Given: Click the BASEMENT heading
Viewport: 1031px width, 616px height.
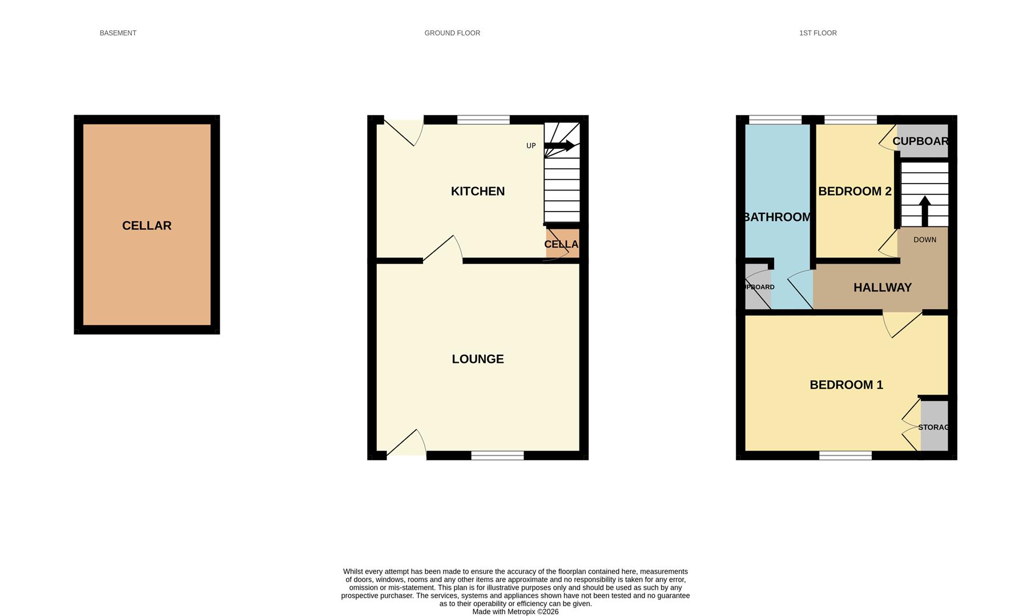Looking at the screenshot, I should click(x=118, y=33).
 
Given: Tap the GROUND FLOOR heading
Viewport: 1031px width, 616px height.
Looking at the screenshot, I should click(x=452, y=33).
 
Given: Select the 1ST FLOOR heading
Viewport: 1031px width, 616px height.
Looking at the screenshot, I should click(x=817, y=33).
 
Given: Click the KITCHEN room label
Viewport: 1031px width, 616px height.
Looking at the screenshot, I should click(x=478, y=191).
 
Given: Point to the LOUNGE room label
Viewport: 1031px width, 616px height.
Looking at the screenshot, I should click(x=478, y=359).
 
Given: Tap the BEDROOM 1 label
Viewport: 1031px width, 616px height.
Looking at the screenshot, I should click(x=846, y=385).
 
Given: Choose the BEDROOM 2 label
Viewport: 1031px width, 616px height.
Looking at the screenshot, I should click(x=855, y=191).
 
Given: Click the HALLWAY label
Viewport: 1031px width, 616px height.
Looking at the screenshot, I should click(x=882, y=287).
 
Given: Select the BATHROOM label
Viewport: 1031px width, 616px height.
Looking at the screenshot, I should click(x=777, y=217).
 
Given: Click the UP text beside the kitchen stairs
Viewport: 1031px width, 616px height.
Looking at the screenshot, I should click(x=531, y=146).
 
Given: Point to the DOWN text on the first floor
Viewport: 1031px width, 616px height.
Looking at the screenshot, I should click(x=925, y=240).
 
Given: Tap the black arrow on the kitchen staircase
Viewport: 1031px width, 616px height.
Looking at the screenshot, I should click(x=560, y=146).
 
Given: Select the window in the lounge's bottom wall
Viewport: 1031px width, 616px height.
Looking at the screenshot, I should click(x=497, y=455).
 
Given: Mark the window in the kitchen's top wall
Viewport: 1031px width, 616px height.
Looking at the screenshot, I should click(x=483, y=120).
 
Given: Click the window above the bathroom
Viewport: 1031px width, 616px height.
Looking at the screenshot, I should click(x=775, y=120).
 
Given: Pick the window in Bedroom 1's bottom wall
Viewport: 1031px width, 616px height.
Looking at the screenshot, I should click(x=845, y=455).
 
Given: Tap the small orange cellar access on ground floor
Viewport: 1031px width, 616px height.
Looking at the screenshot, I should click(x=562, y=244).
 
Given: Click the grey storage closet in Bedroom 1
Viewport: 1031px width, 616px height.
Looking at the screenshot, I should click(x=934, y=426).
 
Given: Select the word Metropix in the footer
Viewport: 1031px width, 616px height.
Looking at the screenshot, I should click(x=521, y=611).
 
